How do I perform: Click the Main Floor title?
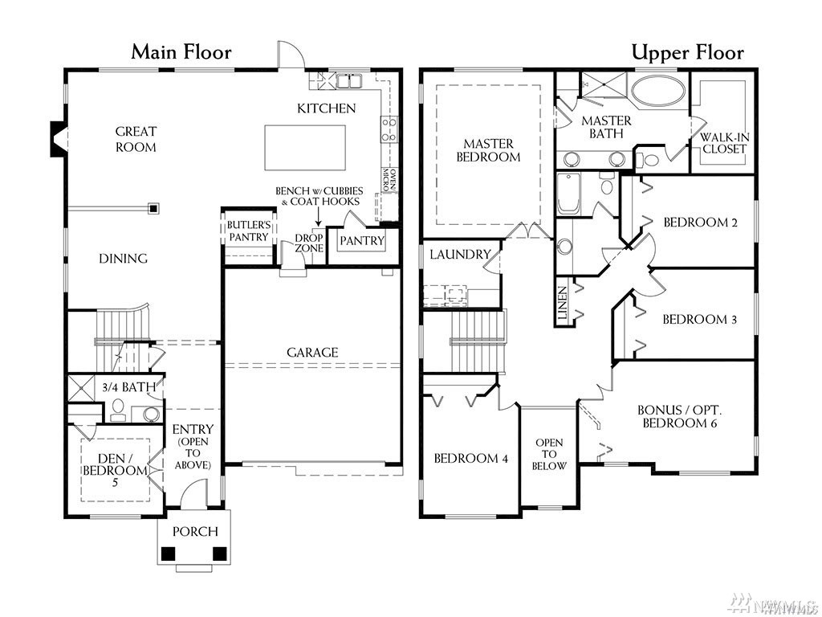pos(181,52)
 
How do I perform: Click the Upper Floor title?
pos(687,53)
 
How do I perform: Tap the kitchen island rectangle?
pos(305,147)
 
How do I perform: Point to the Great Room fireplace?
pos(58,139)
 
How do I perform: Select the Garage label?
pos(312,352)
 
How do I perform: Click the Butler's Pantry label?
pos(249,231)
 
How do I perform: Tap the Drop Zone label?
pos(309,243)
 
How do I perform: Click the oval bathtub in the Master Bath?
pos(658,92)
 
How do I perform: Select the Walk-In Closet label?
pos(725,143)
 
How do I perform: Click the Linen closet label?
pos(562,304)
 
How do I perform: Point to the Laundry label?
pos(460,255)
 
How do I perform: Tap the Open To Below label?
pos(549,454)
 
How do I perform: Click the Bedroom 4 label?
pos(470,459)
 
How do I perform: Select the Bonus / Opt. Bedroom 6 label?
pos(679,416)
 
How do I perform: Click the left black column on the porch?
pos(169,554)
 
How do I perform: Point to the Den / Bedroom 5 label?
pos(115,464)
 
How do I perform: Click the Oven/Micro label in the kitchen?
pos(389,179)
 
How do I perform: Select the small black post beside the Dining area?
pos(153,208)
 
